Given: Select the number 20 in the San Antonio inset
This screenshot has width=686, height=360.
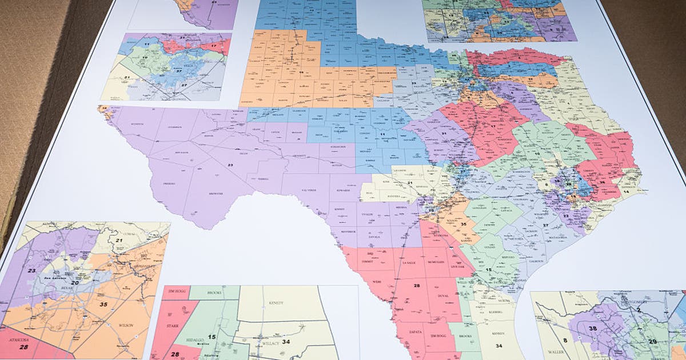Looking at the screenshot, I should pos(74,282).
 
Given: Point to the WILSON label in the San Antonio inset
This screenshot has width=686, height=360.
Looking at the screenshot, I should pos(126,325).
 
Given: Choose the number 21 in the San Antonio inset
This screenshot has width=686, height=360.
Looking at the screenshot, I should pos(119,241).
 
